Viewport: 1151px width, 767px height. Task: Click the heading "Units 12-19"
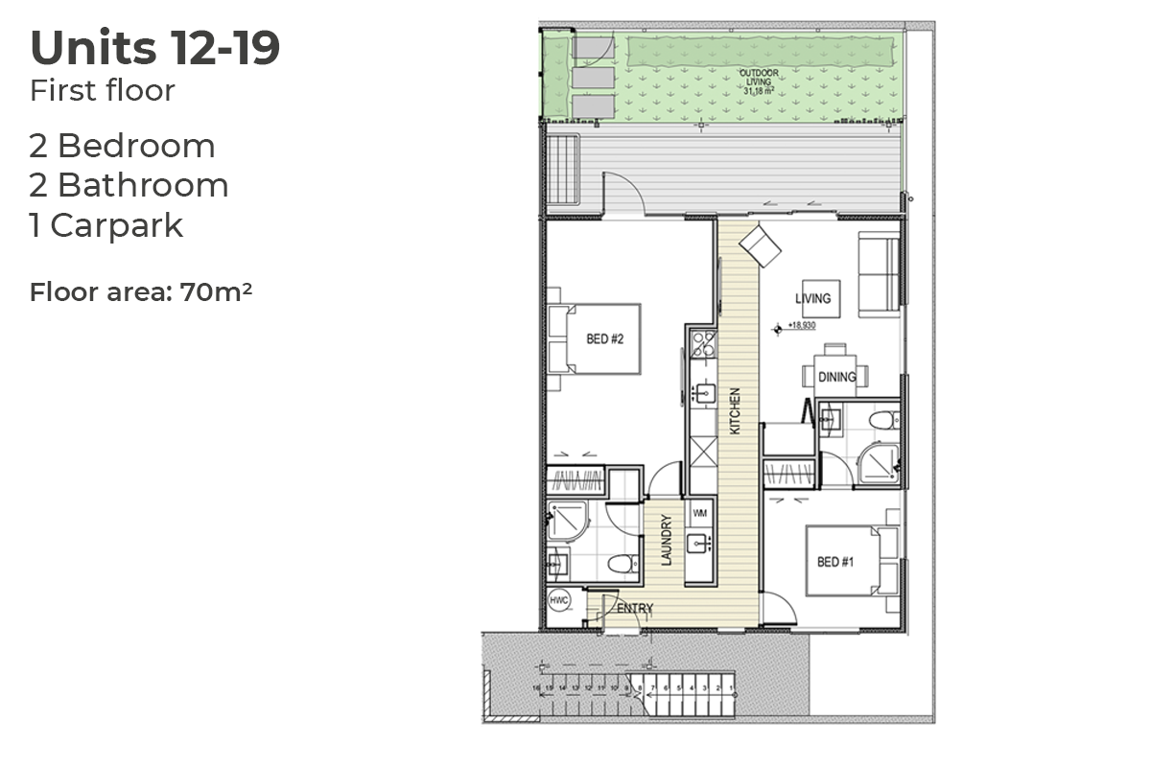(155, 49)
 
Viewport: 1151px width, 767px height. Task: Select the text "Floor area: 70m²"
(141, 291)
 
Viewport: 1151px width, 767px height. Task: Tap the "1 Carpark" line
(106, 225)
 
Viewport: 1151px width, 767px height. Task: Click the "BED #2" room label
(612, 338)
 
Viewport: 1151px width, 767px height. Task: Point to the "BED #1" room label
(834, 562)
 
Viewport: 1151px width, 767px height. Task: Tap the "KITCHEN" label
(735, 411)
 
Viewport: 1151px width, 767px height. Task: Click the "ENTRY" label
(635, 608)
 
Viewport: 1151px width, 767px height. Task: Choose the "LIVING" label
(812, 299)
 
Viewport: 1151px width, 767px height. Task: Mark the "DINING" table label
(837, 377)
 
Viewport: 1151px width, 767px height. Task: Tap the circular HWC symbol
(558, 600)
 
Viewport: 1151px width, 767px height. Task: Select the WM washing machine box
(699, 511)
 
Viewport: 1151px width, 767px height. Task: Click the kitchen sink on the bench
(701, 392)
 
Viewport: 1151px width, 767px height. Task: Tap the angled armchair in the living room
(761, 244)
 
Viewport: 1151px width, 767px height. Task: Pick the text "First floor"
(103, 91)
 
